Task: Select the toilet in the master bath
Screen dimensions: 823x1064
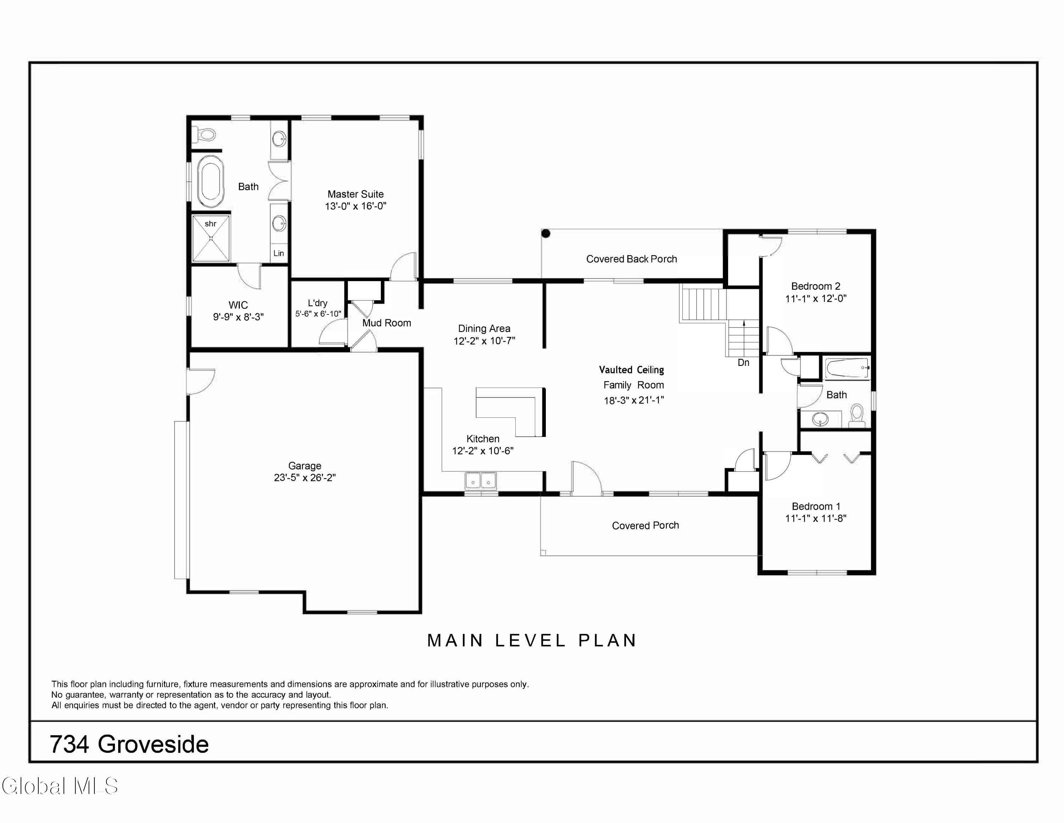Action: coord(205,133)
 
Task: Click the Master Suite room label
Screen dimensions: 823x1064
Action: coord(355,194)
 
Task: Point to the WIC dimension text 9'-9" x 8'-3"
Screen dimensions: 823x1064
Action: coord(238,317)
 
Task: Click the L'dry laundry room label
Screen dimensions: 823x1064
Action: coord(318,303)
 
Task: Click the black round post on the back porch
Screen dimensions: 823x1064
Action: coord(546,234)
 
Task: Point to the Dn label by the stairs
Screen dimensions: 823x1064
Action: coord(743,363)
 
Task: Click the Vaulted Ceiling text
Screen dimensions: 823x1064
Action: coord(631,370)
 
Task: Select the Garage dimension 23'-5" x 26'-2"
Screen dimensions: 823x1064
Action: coord(305,478)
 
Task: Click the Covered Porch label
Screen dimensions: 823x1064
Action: coord(645,526)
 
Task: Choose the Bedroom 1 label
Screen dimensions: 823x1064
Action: coord(815,506)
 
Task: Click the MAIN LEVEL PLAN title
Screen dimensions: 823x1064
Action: coord(532,641)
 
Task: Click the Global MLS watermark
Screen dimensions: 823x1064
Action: coord(60,786)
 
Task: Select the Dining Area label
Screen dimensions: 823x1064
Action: coord(484,329)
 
